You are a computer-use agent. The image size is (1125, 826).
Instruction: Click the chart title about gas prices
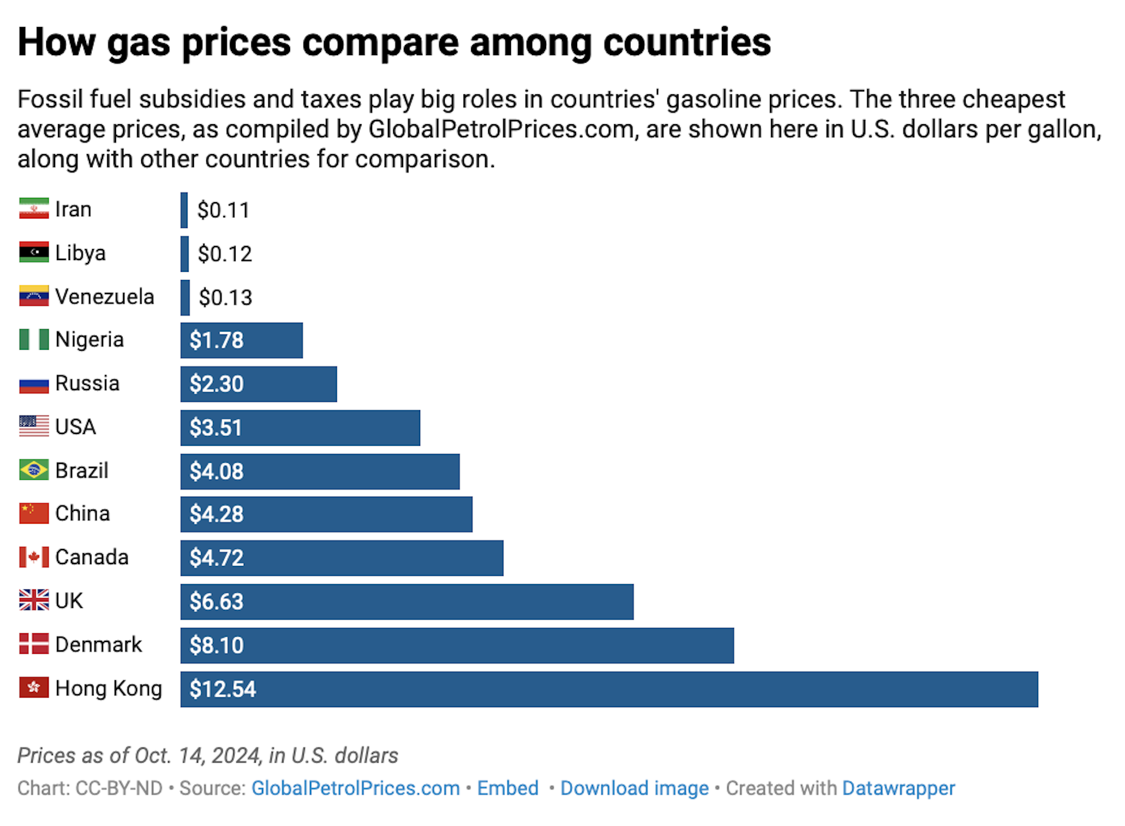point(394,42)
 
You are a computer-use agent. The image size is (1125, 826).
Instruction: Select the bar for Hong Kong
point(609,689)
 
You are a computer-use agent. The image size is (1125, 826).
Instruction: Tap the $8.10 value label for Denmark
point(216,645)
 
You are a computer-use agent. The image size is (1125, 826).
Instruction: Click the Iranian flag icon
point(33,209)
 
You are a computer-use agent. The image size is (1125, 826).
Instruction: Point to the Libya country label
point(80,253)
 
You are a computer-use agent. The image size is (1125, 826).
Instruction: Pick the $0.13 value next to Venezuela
point(225,298)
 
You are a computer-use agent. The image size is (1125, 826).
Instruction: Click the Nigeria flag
point(33,339)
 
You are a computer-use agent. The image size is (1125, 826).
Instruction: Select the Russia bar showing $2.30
point(258,384)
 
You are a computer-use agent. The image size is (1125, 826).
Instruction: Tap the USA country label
point(75,426)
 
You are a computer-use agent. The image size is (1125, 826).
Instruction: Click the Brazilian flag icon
point(33,470)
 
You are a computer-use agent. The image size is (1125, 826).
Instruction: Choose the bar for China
point(326,514)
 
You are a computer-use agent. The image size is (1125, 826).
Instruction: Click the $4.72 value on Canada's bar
point(216,558)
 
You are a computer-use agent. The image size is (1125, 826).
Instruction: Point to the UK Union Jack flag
point(33,600)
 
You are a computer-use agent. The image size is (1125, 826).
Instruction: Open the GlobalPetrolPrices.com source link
point(355,788)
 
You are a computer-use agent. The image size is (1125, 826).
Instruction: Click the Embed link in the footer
point(507,788)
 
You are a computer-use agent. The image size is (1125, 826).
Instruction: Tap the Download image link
point(634,788)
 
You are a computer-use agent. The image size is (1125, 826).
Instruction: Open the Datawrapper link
point(898,788)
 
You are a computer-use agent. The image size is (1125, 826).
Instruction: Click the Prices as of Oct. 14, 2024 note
point(207,755)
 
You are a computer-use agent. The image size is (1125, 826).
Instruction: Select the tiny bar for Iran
point(184,210)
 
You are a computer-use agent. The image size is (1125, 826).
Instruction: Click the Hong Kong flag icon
point(33,687)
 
